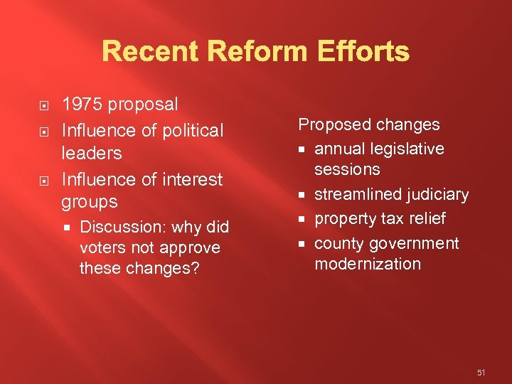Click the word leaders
coord(92,153)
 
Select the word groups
coord(90,202)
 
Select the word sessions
coord(347,169)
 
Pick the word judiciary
coord(440,195)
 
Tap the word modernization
coord(368,264)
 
